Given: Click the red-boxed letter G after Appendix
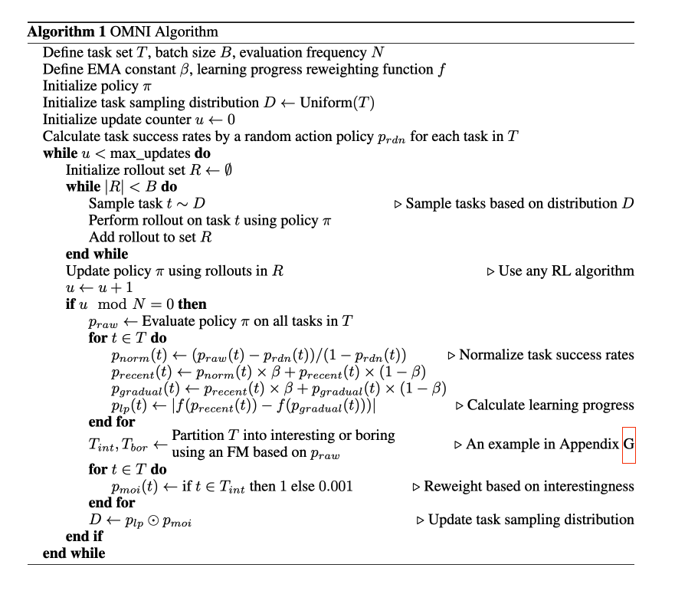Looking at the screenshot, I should pyautogui.click(x=629, y=445).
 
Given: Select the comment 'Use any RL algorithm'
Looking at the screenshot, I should pyautogui.click(x=566, y=271).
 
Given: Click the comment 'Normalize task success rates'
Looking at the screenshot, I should pyautogui.click(x=546, y=355).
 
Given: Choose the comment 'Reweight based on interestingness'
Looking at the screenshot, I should pyautogui.click(x=529, y=486).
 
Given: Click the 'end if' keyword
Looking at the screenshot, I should pyautogui.click(x=84, y=537).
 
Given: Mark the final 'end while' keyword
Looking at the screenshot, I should pyautogui.click(x=74, y=553).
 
